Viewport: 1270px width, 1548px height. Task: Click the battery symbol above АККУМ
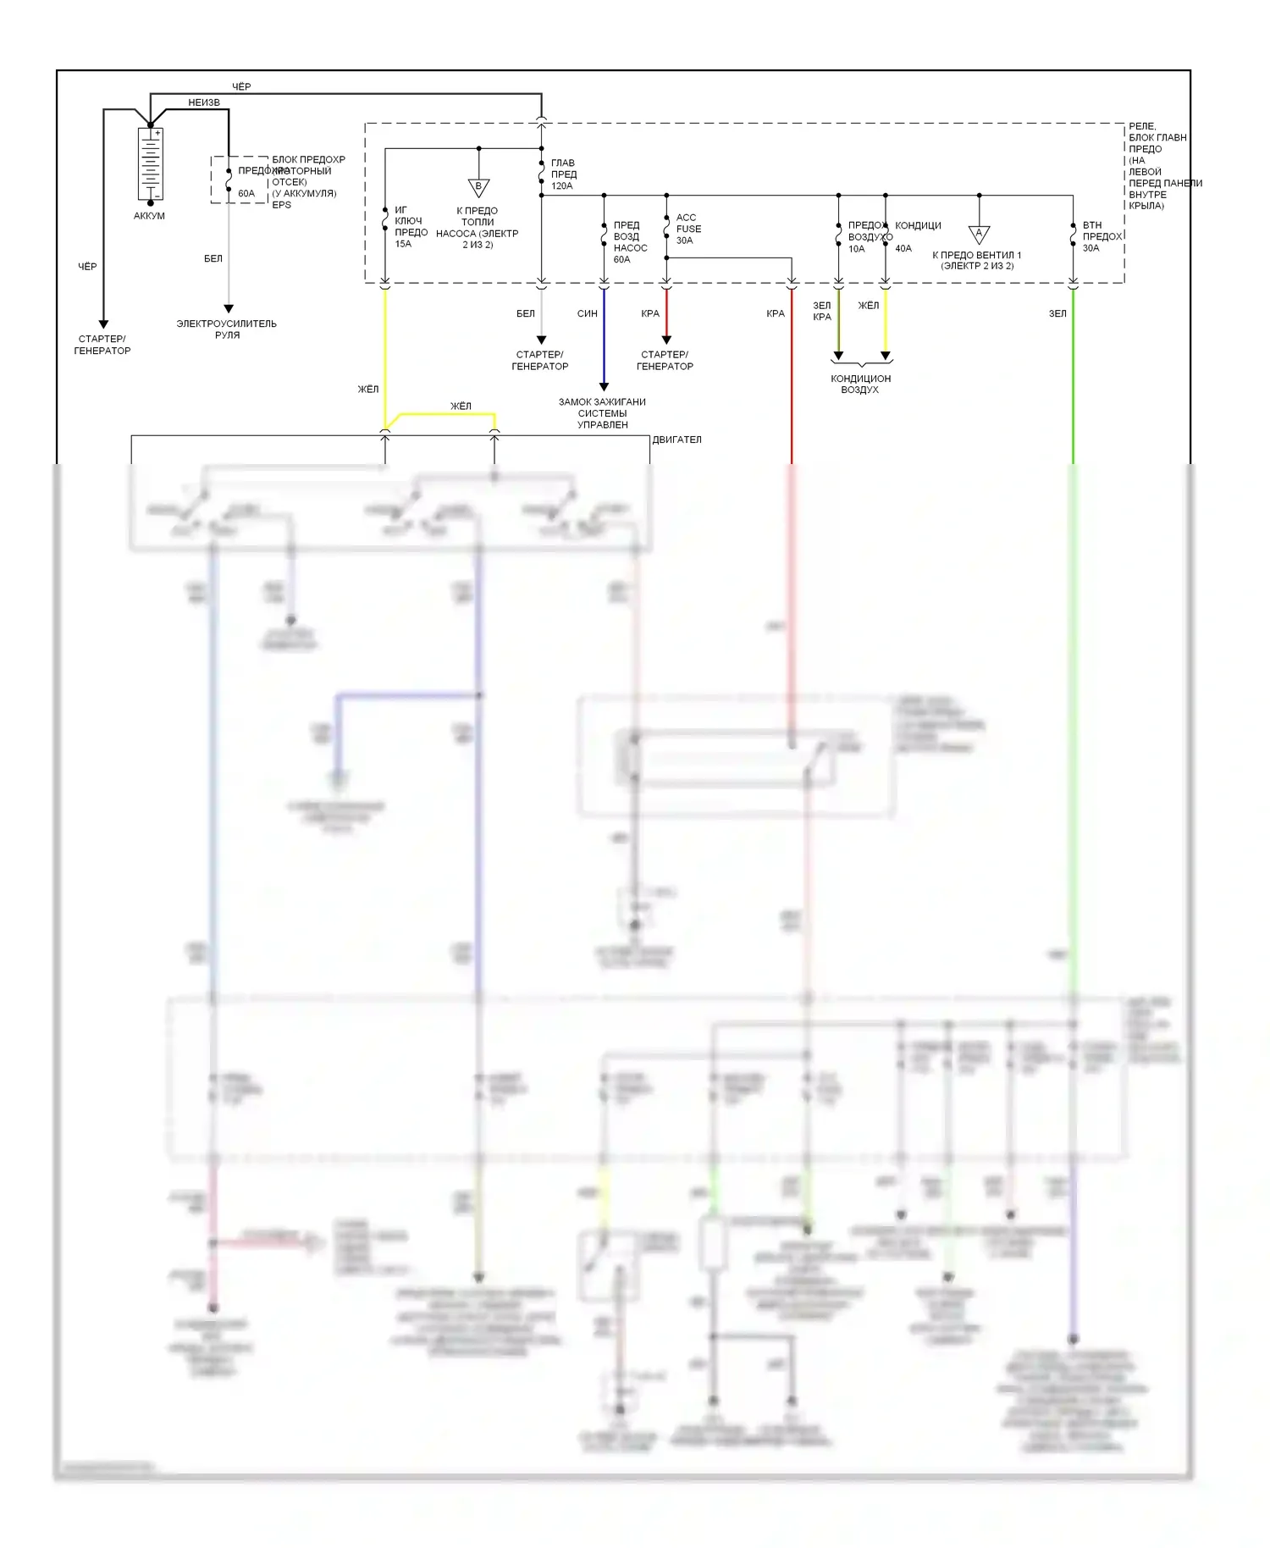pos(150,164)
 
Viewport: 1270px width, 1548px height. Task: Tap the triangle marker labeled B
pos(478,187)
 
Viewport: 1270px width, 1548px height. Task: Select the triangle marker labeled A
pos(979,234)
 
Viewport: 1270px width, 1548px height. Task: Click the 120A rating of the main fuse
pos(562,186)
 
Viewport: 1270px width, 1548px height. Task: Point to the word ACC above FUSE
pos(686,218)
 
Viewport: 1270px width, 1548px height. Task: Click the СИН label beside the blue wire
pos(587,313)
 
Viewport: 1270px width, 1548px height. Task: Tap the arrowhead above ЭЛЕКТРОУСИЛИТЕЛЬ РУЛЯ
pos(229,308)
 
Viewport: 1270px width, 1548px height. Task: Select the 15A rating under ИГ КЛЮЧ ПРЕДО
pos(403,244)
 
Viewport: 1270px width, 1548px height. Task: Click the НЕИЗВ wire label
pos(204,102)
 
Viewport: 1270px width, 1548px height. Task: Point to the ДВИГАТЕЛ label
pos(676,440)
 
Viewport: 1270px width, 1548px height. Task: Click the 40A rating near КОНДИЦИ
pos(903,249)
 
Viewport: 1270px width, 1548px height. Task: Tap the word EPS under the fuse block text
pos(281,205)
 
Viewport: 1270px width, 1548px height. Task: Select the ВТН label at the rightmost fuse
pos(1092,225)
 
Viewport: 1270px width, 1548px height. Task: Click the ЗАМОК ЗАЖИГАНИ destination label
pos(602,402)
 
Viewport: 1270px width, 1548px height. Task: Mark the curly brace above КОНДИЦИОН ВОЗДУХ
pos(861,363)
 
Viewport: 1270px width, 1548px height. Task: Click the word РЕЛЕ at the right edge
pos(1142,126)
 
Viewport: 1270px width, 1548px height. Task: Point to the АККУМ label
pos(149,216)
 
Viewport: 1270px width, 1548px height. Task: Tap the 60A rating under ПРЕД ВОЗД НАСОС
pos(622,260)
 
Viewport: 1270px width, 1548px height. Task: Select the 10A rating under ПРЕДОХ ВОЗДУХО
pos(857,249)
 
